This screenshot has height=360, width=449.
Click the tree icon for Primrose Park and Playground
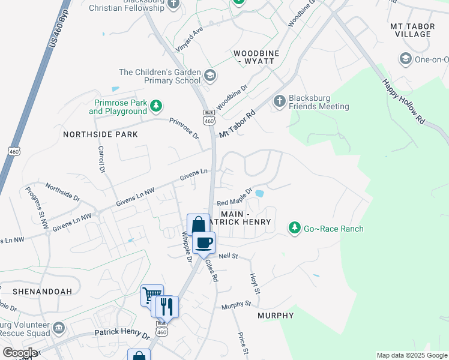click(156, 106)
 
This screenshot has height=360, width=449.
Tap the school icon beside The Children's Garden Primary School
click(209, 76)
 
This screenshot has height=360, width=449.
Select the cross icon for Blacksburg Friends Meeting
click(279, 101)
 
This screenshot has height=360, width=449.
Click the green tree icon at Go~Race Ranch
click(294, 227)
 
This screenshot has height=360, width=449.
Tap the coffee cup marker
click(204, 242)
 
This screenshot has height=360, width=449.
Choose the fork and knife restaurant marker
click(167, 307)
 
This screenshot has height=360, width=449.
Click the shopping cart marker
click(151, 295)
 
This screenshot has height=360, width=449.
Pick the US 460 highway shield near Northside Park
click(14, 151)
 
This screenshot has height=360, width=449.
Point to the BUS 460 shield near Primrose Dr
click(209, 117)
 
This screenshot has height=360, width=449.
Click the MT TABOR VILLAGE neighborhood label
click(411, 31)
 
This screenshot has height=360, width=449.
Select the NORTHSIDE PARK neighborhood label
click(100, 134)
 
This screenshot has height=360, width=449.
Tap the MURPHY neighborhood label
click(276, 316)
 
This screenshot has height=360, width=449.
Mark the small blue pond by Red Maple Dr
click(259, 193)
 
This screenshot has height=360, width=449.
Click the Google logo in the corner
click(19, 353)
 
